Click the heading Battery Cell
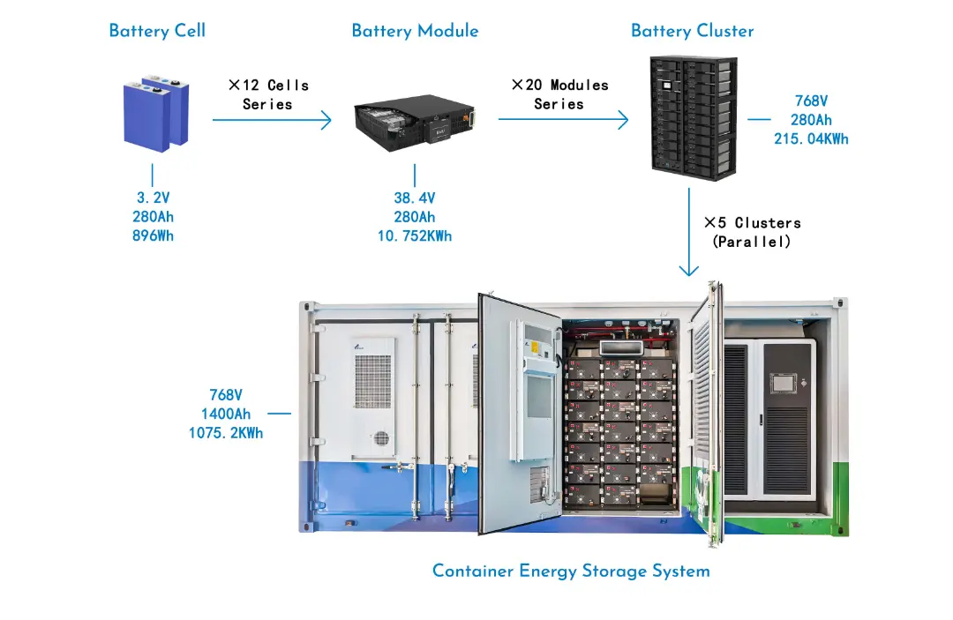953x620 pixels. (x=157, y=31)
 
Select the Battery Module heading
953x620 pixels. (x=415, y=31)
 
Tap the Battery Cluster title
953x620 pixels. (x=693, y=31)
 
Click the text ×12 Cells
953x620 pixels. (x=268, y=86)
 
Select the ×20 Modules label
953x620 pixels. (x=559, y=86)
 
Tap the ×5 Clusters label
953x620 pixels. (x=752, y=222)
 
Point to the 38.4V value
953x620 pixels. (x=414, y=198)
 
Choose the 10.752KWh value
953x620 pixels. (x=414, y=235)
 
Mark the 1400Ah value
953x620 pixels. (x=226, y=414)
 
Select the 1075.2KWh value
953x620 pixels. (x=226, y=433)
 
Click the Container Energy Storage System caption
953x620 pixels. (x=571, y=571)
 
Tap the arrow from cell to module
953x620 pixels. (x=272, y=120)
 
